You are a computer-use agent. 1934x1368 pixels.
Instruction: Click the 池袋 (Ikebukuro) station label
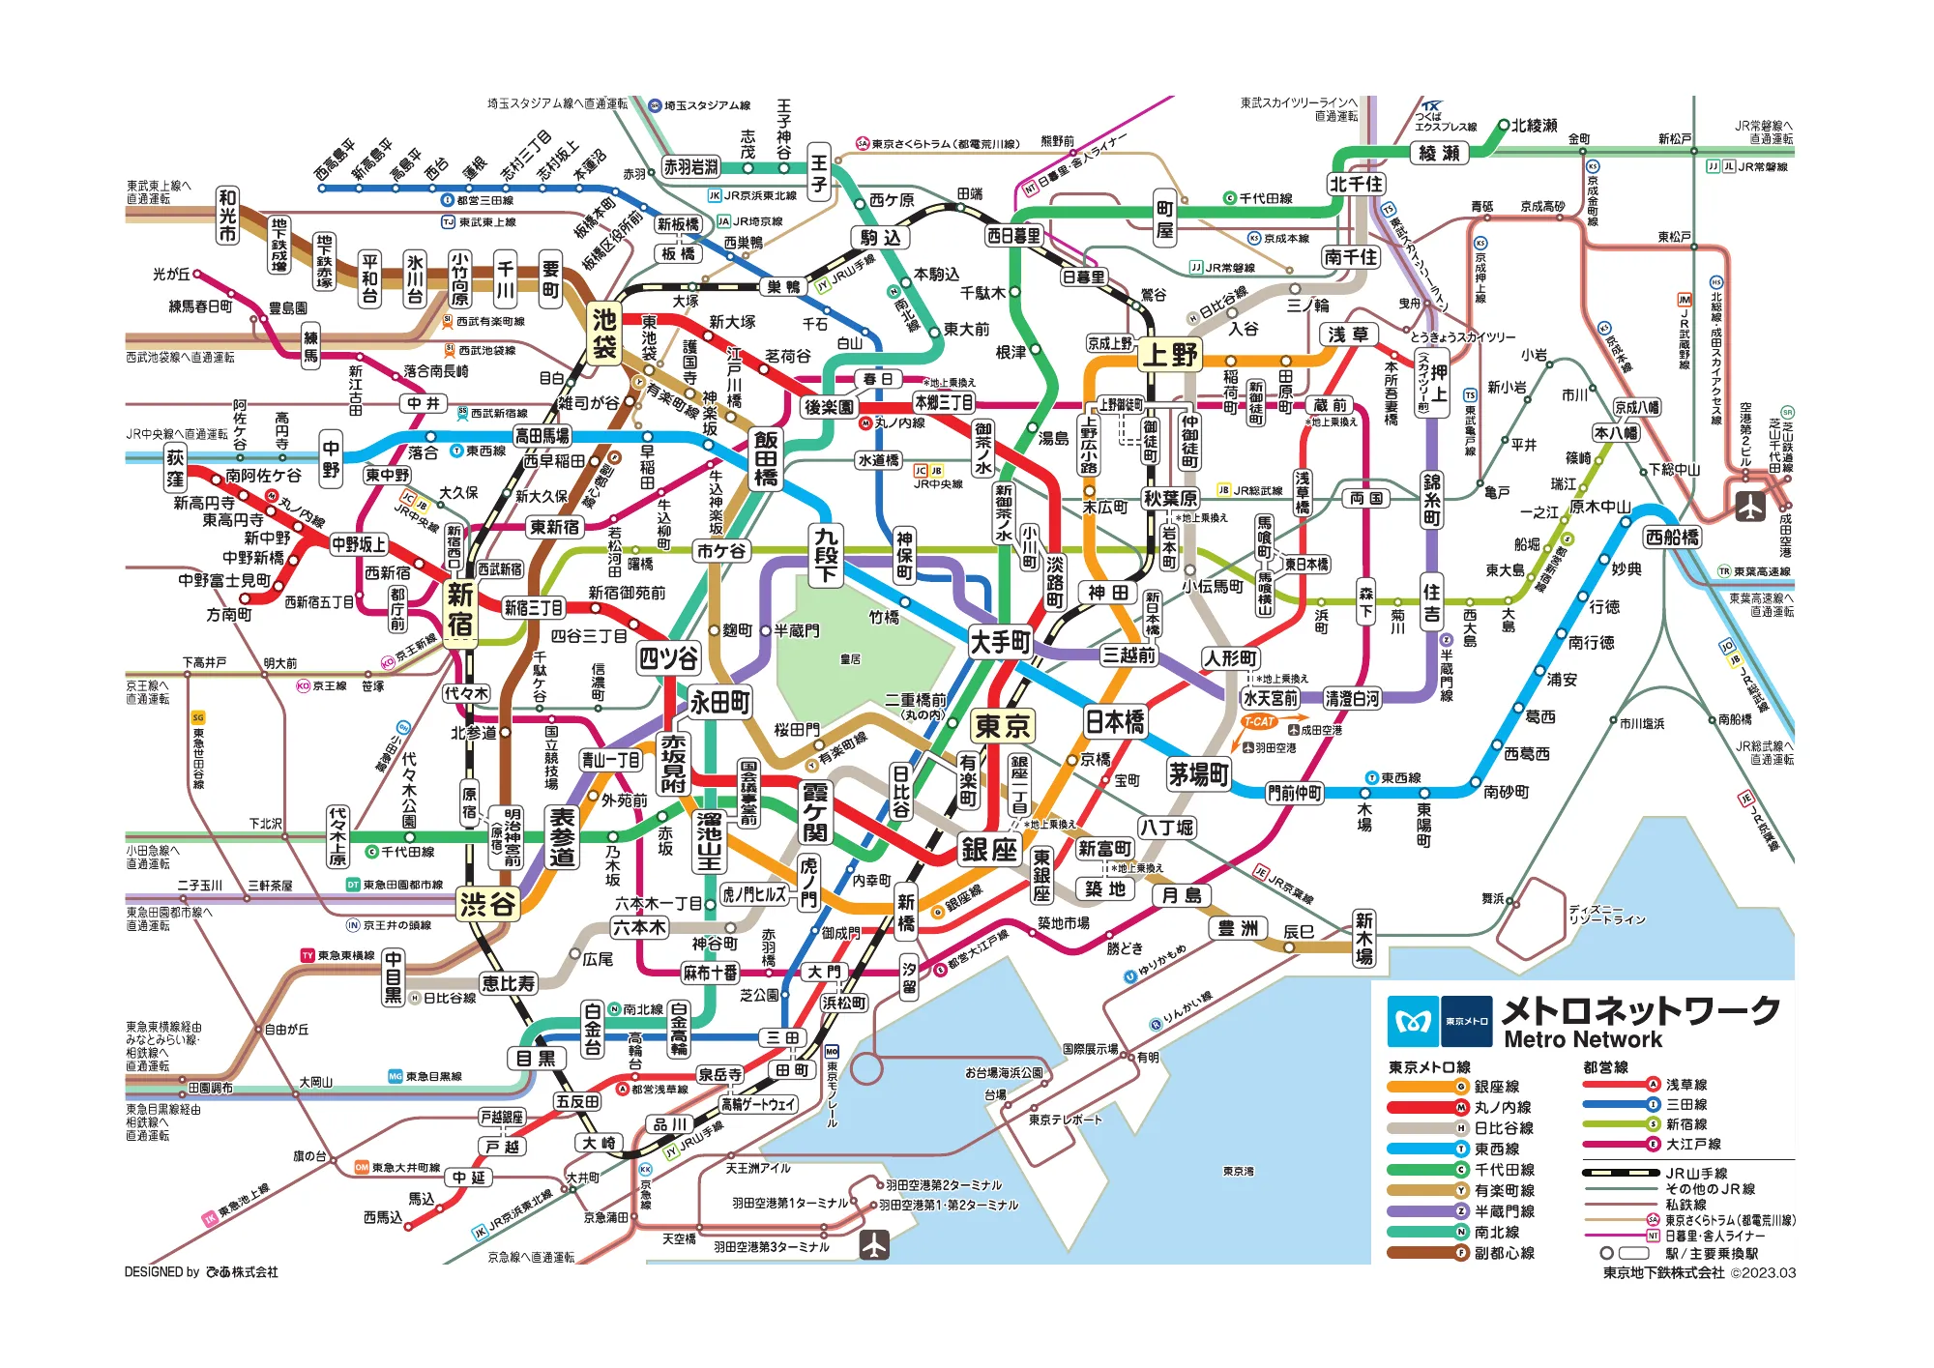pos(604,333)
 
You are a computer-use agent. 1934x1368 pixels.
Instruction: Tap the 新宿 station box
pos(460,609)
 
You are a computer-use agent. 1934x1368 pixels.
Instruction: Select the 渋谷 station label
pos(488,904)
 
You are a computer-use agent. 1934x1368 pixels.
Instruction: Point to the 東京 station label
pos(1003,725)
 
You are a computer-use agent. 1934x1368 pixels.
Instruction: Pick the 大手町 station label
pos(1001,641)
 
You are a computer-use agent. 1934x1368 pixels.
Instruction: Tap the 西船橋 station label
pos(1672,537)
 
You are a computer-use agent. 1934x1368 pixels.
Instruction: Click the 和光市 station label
pos(227,215)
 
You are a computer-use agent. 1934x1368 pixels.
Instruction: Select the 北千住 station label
pos(1356,184)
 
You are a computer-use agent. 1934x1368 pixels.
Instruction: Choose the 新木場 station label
pos(1363,938)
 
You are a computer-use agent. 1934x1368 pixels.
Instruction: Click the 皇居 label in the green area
pos(850,659)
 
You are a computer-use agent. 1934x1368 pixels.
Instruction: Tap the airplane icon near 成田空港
pos(1749,506)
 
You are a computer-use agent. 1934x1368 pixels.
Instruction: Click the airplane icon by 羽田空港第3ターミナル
pos(874,1244)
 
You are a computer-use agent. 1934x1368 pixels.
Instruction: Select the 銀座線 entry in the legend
pos(1496,1087)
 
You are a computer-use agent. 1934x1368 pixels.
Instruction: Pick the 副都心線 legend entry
pos(1504,1253)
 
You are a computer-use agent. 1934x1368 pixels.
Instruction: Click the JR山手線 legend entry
pos(1695,1173)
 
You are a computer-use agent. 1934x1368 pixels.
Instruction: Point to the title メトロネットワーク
pos(1640,1010)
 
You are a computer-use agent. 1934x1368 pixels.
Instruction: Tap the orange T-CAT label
pos(1259,722)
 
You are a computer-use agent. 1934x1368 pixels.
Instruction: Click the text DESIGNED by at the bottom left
pos(161,1272)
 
